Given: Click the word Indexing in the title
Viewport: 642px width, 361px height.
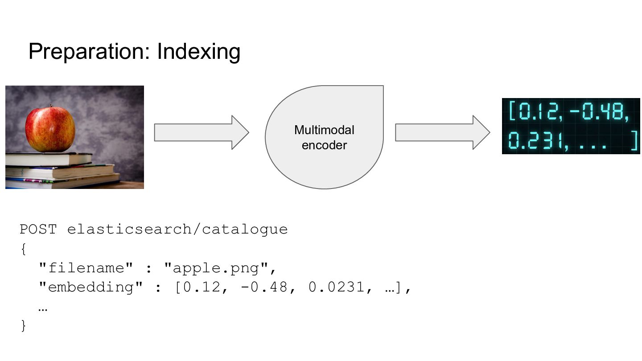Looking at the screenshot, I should click(x=198, y=52).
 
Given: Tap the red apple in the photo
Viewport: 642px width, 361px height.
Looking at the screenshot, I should click(x=50, y=129).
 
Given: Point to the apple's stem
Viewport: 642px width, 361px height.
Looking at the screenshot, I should click(x=50, y=107).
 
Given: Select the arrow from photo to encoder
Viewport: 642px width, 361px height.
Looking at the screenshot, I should click(x=201, y=132).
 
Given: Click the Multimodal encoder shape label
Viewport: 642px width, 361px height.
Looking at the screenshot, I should click(x=324, y=137).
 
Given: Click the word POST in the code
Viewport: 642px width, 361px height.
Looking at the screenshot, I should click(x=38, y=230).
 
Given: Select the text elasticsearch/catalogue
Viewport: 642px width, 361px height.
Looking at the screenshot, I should click(x=177, y=230).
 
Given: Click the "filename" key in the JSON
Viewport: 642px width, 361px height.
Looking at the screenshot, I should click(x=86, y=268).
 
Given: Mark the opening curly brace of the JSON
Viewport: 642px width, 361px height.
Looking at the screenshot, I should click(x=23, y=249).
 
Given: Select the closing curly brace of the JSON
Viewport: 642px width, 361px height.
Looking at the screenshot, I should click(x=23, y=326).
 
